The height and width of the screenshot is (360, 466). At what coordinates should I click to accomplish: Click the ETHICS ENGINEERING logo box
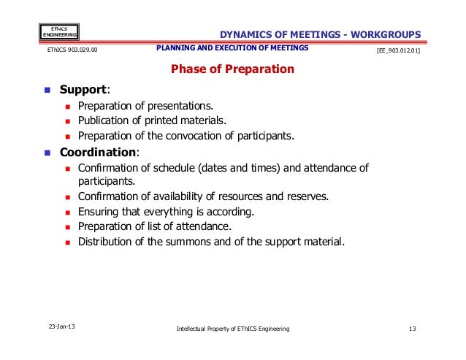click(59, 31)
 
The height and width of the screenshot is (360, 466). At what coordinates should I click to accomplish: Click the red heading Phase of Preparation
click(232, 70)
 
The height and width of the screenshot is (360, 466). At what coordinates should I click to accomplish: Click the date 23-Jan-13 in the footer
click(60, 328)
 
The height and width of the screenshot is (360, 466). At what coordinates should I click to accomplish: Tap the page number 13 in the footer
click(413, 329)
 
